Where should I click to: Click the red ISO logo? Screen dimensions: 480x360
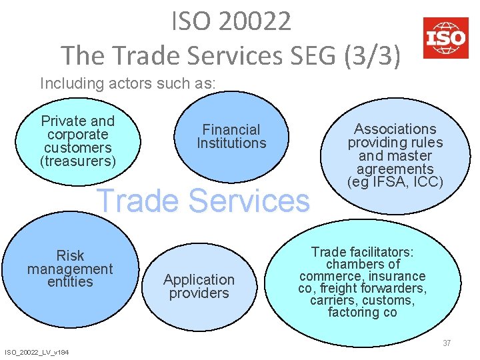coord(445,38)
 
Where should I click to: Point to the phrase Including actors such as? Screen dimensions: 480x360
coord(128,83)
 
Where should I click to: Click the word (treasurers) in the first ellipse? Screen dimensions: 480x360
coord(78,161)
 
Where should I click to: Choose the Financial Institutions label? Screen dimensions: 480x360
coord(231,136)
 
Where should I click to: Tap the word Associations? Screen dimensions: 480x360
coord(395,129)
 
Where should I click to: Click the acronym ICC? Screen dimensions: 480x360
coord(425,182)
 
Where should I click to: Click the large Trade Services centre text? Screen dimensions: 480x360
coord(204,201)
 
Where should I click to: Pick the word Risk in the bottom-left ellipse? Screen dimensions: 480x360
coord(71,255)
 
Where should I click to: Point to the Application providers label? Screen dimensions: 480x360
coord(199,286)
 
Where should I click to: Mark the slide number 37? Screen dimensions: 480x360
coord(447,343)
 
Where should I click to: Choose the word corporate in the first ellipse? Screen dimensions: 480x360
coord(78,135)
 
